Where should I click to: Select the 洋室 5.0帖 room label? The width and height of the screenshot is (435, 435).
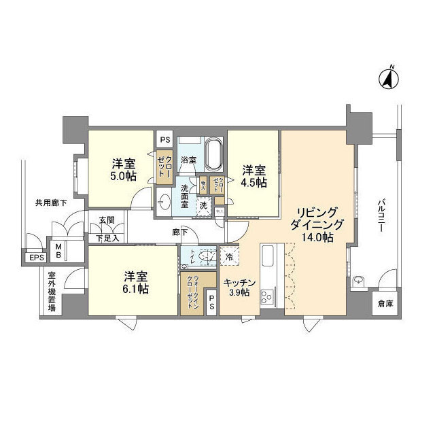coord(123,170)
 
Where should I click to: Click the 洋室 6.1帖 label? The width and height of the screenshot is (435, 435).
coord(136,283)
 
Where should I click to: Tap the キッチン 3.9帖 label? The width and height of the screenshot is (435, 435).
coord(238,288)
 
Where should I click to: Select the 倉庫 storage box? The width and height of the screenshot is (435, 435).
coord(385,304)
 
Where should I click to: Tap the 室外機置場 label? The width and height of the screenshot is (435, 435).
coord(52,292)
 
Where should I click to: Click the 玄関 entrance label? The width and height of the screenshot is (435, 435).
coord(106,221)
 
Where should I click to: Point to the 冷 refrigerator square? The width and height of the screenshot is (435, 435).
coord(230,257)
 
